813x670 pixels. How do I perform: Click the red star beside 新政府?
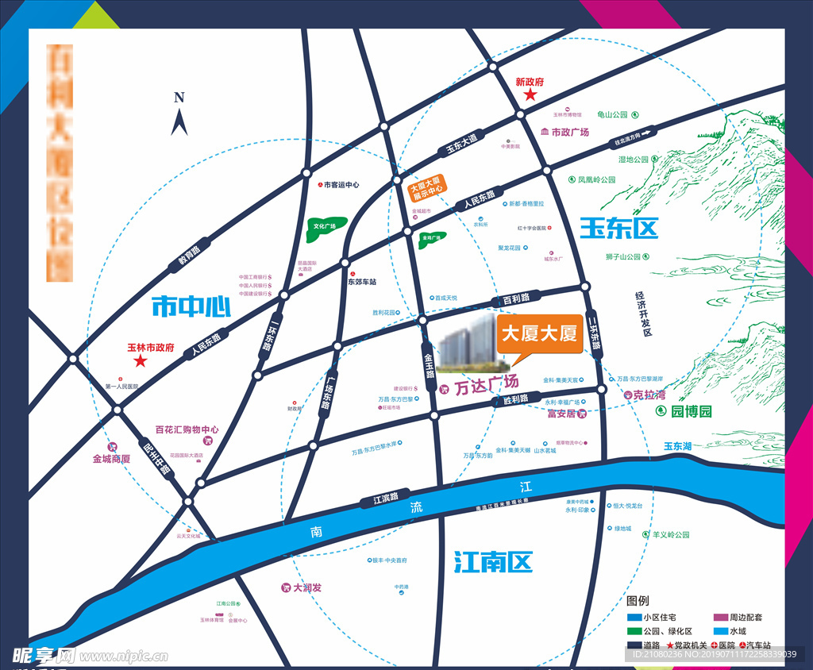coord(530,95)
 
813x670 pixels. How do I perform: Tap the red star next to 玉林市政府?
coord(141,361)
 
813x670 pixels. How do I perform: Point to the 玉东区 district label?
coord(619,229)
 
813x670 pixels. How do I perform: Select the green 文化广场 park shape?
coord(326,227)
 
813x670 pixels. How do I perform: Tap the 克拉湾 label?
coord(649,395)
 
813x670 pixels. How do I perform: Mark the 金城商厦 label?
coord(111,459)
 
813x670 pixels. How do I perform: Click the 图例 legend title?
coord(638,601)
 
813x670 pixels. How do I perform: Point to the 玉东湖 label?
coord(679,446)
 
